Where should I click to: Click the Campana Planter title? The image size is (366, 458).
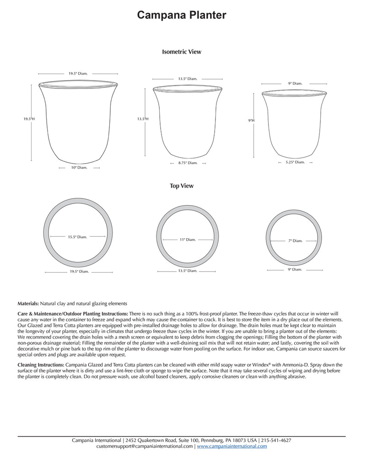click(182, 16)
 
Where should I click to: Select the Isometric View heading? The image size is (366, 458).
click(182, 52)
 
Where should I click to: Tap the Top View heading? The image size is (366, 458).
click(182, 186)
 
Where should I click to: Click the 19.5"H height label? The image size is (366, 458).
click(29, 119)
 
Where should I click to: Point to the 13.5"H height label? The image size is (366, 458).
click(143, 119)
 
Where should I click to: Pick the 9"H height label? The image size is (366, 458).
click(251, 120)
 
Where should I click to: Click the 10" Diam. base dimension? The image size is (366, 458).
click(79, 168)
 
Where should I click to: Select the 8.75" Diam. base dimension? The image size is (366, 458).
click(188, 163)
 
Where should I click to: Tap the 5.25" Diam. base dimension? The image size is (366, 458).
click(295, 162)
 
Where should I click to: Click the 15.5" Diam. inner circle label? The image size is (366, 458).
click(77, 237)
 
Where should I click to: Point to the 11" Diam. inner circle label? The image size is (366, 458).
click(188, 240)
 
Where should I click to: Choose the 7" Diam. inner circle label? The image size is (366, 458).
click(296, 240)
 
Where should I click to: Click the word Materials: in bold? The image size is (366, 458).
click(28, 304)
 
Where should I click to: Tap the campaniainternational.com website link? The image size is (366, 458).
click(232, 446)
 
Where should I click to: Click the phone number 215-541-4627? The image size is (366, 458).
click(276, 440)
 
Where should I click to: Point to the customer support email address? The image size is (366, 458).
click(145, 446)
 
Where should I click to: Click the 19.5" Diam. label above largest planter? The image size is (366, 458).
click(78, 73)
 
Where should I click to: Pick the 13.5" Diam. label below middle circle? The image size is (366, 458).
click(188, 271)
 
